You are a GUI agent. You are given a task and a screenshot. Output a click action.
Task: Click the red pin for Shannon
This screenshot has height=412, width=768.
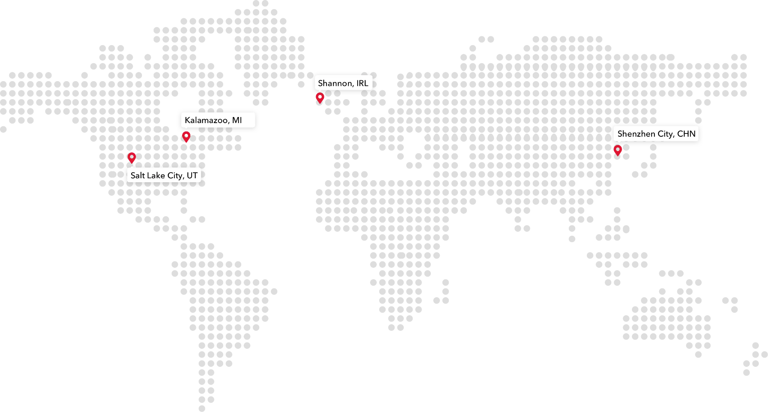point(320,98)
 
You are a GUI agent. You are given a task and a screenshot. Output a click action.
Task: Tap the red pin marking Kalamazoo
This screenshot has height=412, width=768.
point(186,137)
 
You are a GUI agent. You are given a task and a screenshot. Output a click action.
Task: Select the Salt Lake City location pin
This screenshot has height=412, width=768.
point(132,158)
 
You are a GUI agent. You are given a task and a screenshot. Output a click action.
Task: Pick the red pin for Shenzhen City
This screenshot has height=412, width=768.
point(618,150)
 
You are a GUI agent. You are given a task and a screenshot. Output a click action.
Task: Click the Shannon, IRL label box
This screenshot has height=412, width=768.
point(343,83)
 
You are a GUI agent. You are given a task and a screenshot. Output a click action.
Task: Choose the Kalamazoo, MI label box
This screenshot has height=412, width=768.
point(218,120)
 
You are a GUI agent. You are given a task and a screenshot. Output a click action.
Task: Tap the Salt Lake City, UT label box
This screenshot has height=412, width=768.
point(164,175)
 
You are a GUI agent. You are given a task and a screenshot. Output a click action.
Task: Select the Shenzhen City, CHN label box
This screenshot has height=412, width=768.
point(656,133)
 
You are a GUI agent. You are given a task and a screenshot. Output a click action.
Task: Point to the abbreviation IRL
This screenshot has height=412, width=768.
point(362,83)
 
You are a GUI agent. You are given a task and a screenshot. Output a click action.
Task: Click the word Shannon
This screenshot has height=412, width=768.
point(335,83)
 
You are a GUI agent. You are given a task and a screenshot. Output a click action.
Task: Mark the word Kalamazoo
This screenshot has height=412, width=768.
point(206,120)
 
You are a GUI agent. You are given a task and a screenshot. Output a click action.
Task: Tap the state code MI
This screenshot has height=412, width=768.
point(237,120)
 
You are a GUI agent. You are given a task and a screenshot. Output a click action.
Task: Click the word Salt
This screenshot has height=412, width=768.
point(138,175)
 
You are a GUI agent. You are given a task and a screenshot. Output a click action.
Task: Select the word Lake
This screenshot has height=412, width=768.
point(156,175)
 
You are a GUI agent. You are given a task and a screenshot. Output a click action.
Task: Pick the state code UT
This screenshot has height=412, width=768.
point(192,175)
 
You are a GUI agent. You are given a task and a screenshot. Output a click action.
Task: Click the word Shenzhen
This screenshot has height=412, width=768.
point(636,134)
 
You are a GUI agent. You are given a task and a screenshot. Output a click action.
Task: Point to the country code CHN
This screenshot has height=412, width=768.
point(686,134)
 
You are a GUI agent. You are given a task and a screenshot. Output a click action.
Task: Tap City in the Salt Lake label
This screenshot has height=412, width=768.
point(175,175)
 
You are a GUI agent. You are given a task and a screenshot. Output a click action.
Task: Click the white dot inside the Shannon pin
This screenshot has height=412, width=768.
point(320,97)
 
